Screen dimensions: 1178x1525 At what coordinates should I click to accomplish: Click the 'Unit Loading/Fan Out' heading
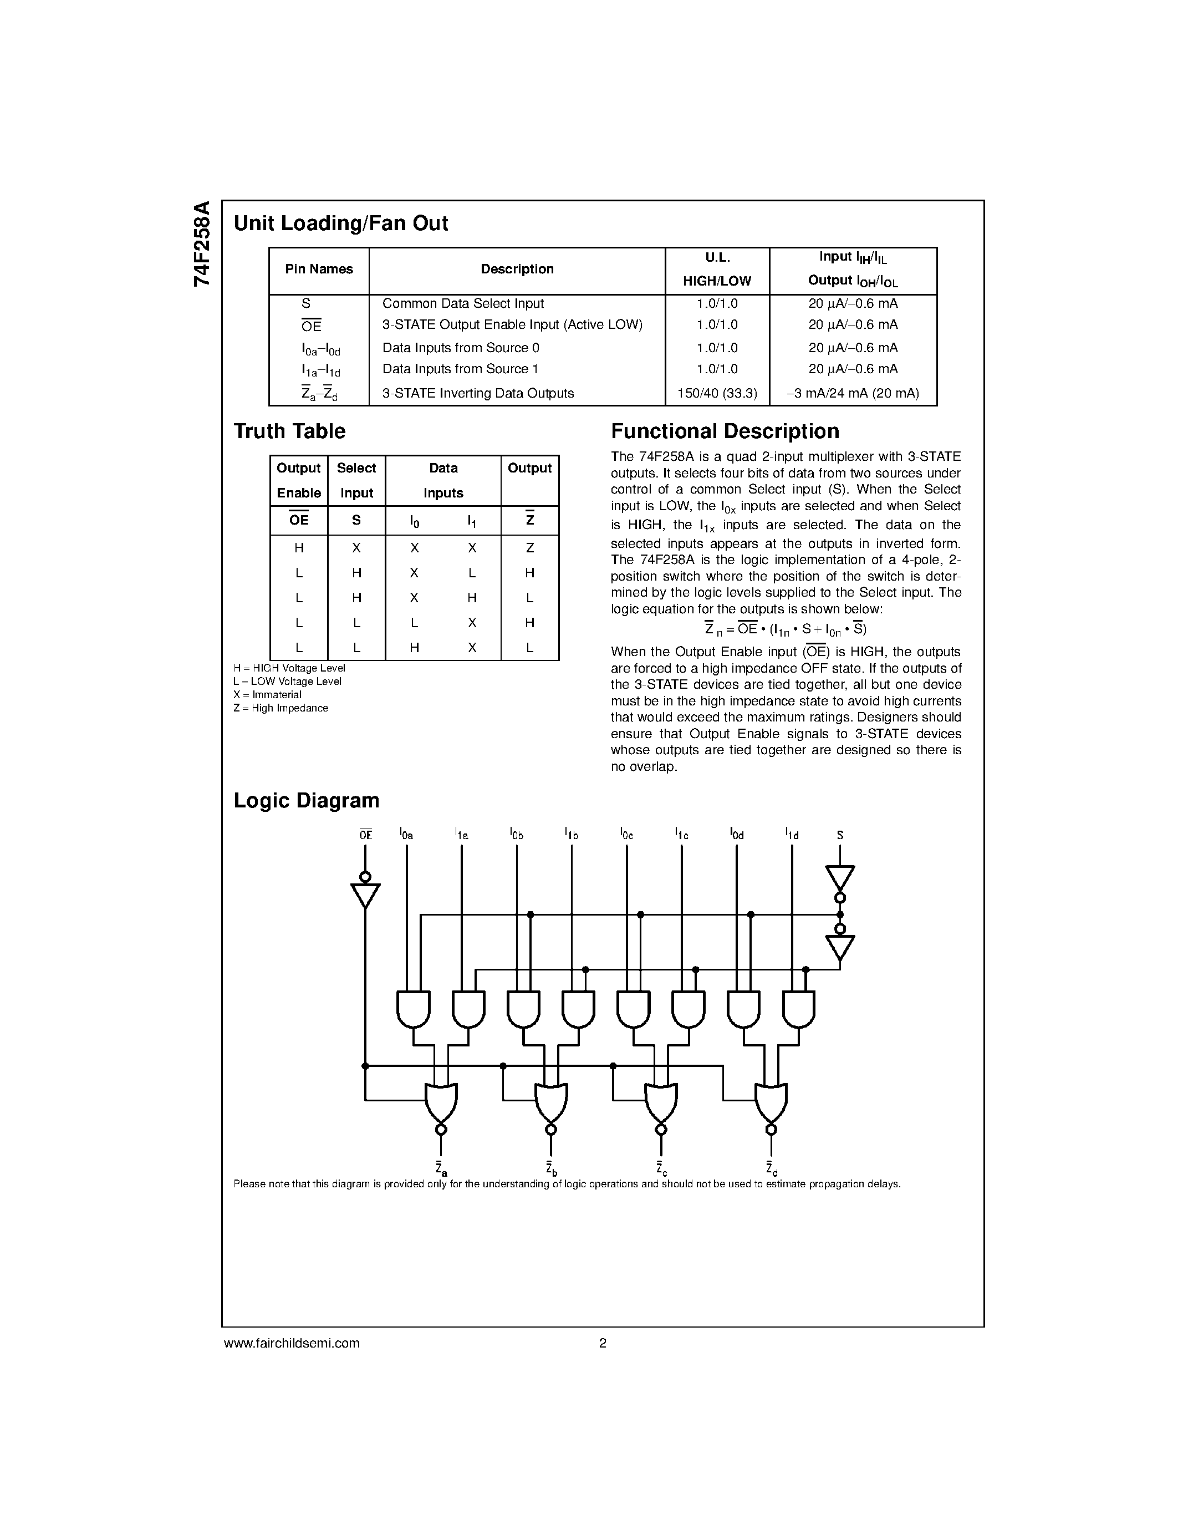point(340,223)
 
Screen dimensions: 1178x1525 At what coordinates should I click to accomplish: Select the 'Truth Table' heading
point(289,431)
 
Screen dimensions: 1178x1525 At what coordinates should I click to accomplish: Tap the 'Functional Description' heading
point(725,431)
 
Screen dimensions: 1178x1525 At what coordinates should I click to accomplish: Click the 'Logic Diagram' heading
point(307,800)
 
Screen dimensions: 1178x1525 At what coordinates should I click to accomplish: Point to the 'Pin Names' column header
point(319,270)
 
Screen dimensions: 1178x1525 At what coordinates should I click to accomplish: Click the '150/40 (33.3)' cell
point(717,393)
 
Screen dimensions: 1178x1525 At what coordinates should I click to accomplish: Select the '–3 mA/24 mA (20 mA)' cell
point(852,393)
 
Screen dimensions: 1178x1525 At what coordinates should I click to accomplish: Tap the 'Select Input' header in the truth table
point(356,480)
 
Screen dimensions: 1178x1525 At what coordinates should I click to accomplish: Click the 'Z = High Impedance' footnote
point(281,708)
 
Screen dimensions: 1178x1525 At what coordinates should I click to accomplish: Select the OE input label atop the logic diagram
point(365,835)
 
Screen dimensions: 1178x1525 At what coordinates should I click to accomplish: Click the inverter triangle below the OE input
point(365,895)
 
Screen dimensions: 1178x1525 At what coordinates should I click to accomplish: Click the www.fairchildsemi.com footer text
point(292,1343)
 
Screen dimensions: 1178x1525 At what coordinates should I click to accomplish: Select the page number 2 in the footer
point(602,1343)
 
